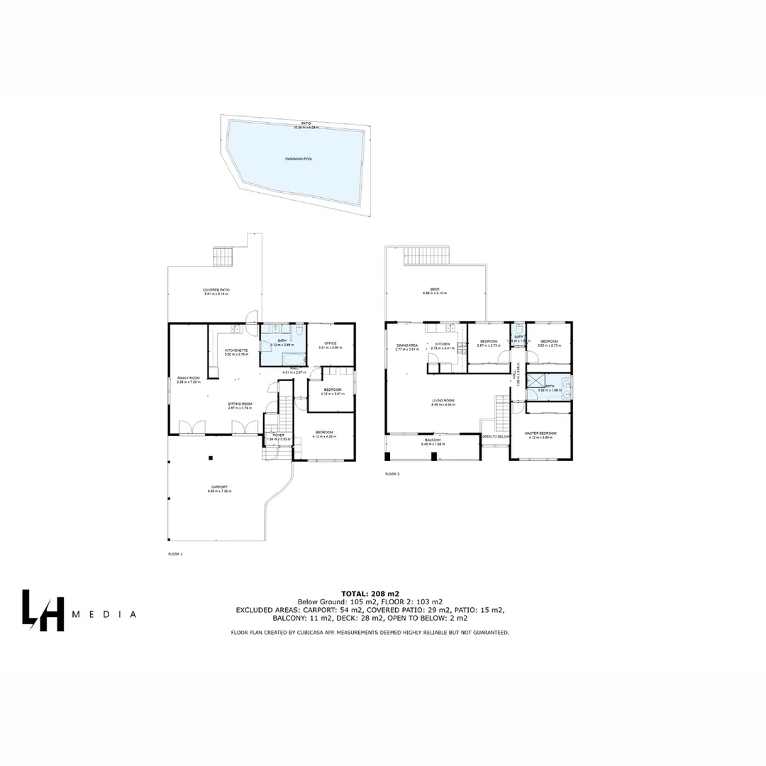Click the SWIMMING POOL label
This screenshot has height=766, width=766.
[299, 159]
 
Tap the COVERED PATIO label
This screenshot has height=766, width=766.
[216, 290]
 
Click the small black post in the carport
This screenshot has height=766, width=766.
[210, 458]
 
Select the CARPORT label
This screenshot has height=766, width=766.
[219, 487]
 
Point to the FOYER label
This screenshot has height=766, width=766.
[278, 435]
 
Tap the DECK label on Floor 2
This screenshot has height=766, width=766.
[435, 289]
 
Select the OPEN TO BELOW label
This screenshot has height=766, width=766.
[496, 436]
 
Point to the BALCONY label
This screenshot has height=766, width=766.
[433, 440]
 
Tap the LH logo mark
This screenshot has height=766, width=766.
[43, 609]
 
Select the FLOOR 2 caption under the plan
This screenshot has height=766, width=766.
[392, 474]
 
